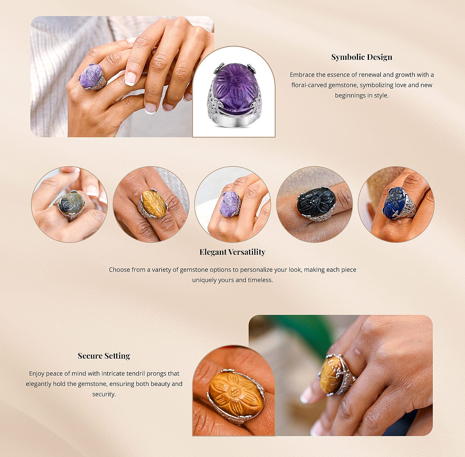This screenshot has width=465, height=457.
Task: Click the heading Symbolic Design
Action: pos(362,57)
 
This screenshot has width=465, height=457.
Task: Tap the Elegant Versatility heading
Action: pos(232,252)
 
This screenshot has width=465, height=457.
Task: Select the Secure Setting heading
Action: pos(104,356)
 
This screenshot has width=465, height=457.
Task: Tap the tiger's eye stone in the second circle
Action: pos(154,203)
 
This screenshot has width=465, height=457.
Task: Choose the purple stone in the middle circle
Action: pos(230,204)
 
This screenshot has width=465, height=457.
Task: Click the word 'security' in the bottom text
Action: pos(104,394)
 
